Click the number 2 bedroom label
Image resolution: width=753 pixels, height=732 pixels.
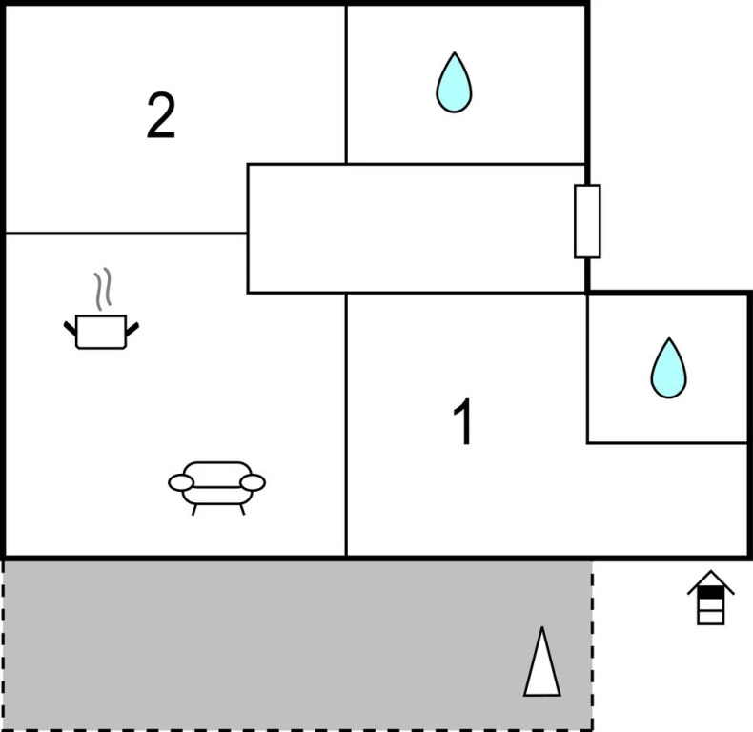pyautogui.click(x=161, y=115)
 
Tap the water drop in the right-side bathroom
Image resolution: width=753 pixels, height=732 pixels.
pyautogui.click(x=668, y=368)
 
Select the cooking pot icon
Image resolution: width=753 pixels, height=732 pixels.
pyautogui.click(x=101, y=331)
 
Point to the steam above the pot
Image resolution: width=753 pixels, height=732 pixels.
pyautogui.click(x=103, y=289)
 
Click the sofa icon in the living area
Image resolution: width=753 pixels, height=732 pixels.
pyautogui.click(x=217, y=484)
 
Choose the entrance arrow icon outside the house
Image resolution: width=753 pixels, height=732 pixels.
pyautogui.click(x=710, y=598)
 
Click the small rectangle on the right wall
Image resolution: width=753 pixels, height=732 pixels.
pyautogui.click(x=587, y=221)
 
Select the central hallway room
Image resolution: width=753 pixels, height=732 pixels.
pyautogui.click(x=416, y=228)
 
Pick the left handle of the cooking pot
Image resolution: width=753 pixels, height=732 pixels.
pyautogui.click(x=70, y=329)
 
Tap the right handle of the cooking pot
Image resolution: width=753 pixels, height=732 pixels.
pyautogui.click(x=132, y=329)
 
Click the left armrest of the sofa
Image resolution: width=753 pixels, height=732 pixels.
pyautogui.click(x=181, y=483)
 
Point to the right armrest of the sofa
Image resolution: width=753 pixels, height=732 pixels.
pyautogui.click(x=253, y=483)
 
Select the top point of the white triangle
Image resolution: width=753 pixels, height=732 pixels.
pyautogui.click(x=541, y=630)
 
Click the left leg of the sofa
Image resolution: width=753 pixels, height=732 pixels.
pyautogui.click(x=194, y=510)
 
